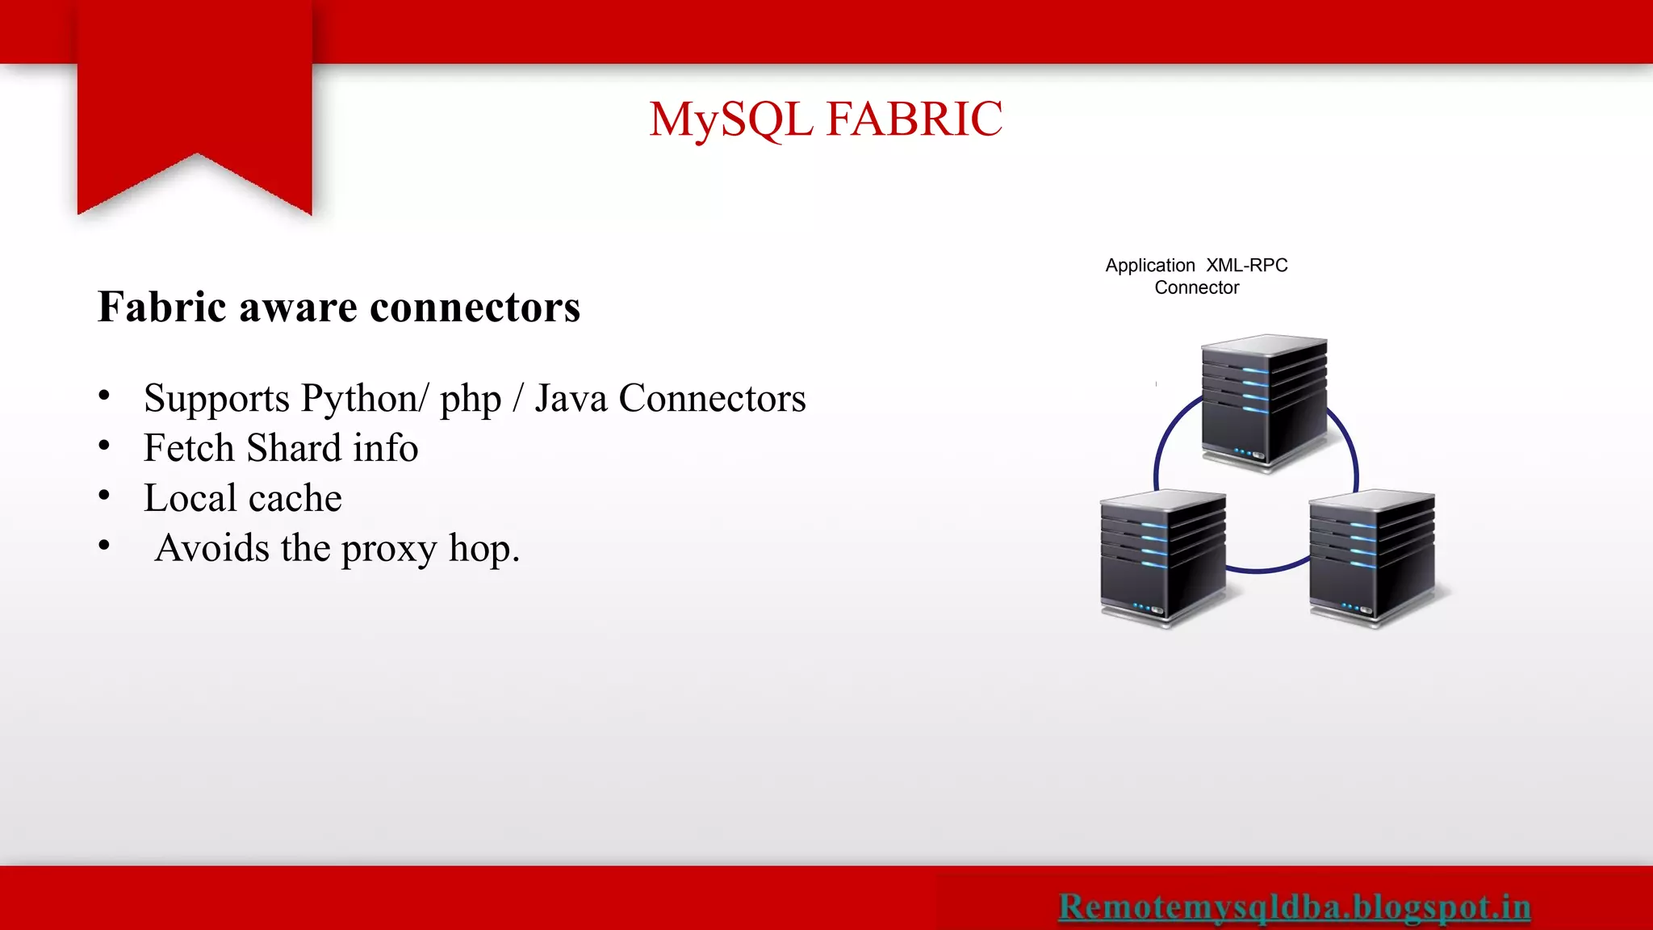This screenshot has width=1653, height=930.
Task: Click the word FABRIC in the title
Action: (914, 119)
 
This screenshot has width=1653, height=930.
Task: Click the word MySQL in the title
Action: (730, 119)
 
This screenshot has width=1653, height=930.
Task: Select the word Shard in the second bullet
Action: (294, 448)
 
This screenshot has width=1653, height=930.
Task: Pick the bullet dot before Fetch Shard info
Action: (104, 446)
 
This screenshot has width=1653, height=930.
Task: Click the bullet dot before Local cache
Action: (104, 496)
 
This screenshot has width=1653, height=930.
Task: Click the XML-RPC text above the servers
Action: (1246, 266)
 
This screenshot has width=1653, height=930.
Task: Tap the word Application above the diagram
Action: (1149, 266)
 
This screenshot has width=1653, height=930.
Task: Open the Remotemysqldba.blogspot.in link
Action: (1294, 907)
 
